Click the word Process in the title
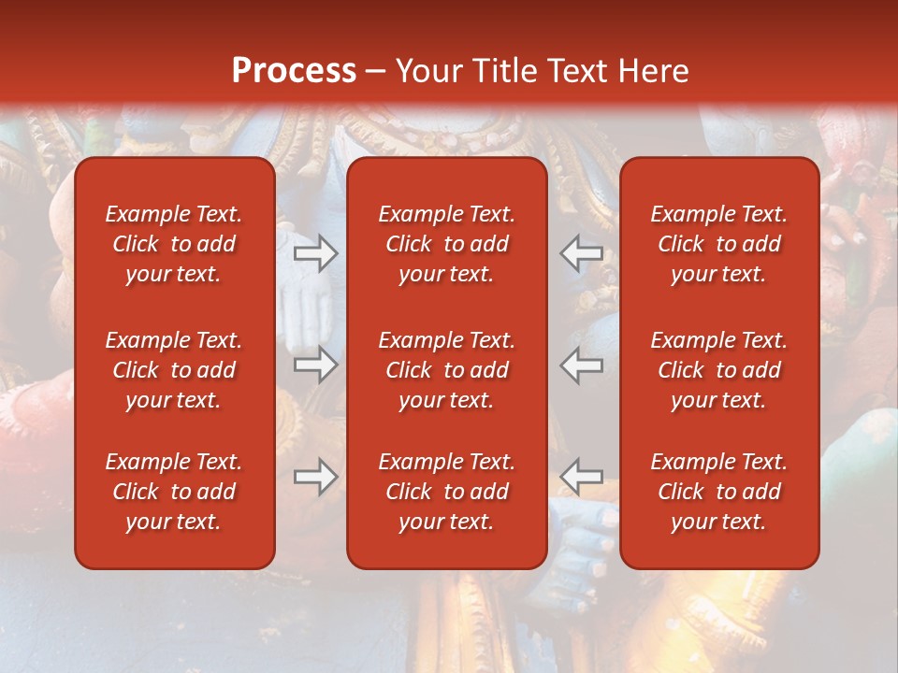[x=294, y=71]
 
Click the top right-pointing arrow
[x=315, y=253]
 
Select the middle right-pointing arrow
[x=315, y=365]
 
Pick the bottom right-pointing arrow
[x=315, y=477]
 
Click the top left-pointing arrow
[x=582, y=253]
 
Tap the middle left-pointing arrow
[x=582, y=365]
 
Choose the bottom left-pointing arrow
[x=582, y=477]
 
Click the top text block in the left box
[x=174, y=244]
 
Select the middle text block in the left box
[x=174, y=370]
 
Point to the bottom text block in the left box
[x=174, y=492]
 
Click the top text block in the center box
[x=447, y=244]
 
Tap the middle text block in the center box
[x=447, y=370]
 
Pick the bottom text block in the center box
[x=447, y=492]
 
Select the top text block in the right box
[x=719, y=244]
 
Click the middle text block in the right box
[x=719, y=370]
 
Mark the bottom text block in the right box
[x=719, y=492]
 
